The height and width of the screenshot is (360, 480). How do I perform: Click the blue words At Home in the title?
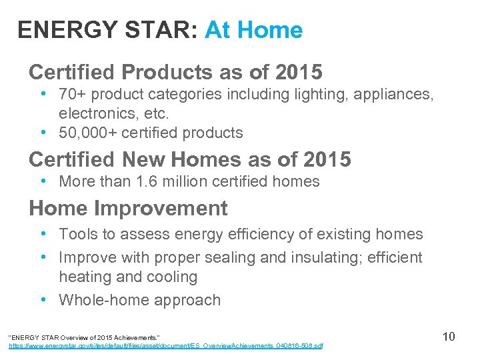[x=253, y=30]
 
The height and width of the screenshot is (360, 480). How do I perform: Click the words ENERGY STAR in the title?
[x=107, y=30]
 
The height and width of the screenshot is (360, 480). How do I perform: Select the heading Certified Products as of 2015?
[x=175, y=71]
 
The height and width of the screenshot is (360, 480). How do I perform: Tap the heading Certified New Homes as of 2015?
[x=189, y=160]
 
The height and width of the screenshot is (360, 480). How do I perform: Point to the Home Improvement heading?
[x=128, y=208]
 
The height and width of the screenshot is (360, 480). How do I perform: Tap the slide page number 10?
[x=449, y=336]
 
